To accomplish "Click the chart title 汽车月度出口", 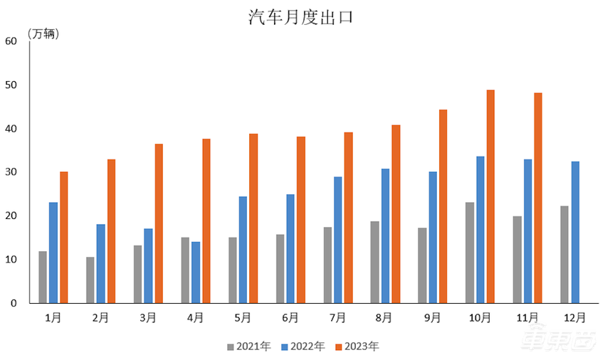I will (301, 17).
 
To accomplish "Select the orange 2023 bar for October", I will (491, 196).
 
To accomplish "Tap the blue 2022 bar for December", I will (575, 232).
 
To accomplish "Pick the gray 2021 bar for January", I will (43, 277).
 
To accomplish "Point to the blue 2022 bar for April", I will (196, 272).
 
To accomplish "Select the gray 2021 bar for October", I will (470, 253).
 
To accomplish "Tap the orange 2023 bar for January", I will (64, 237).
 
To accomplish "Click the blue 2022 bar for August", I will (385, 235).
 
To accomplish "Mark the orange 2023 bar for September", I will (443, 206).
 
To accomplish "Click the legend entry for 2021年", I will (248, 346).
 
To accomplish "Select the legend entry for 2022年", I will (302, 346).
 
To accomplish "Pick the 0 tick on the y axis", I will (13, 304).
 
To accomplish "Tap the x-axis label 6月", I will (290, 318).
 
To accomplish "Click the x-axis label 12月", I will (574, 318).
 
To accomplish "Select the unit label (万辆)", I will (43, 33).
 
